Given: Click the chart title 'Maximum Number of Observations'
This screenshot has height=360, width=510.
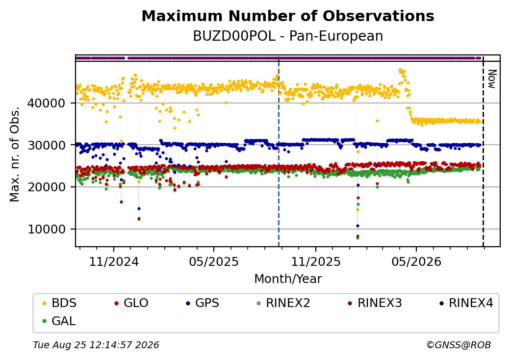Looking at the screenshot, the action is (288, 16).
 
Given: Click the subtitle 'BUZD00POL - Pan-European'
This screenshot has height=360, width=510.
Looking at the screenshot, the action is (288, 36).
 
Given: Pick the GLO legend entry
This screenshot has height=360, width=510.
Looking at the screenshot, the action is (131, 303).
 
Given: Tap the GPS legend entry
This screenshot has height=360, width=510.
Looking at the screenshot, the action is (203, 303).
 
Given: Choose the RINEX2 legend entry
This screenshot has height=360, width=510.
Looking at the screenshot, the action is (283, 303).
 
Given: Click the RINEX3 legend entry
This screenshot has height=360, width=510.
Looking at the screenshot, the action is (375, 303).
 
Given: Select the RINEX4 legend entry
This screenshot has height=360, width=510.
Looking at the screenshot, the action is (466, 303).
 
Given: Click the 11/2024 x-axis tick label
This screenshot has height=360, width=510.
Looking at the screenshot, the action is (114, 262).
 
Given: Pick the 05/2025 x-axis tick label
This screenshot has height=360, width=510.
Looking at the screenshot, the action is (214, 262).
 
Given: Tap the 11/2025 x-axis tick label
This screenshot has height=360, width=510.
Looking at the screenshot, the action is (315, 262).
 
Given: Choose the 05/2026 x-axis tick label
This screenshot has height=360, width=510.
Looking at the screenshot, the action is (416, 262).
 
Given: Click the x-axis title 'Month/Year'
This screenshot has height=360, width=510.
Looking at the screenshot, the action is (288, 279).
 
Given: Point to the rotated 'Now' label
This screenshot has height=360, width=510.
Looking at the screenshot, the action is (492, 79).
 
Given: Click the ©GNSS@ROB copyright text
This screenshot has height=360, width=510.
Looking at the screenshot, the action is (459, 345).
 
